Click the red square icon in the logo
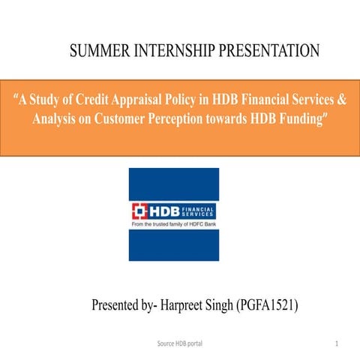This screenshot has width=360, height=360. tap(140, 210)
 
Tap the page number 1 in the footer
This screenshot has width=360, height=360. tap(338, 342)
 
